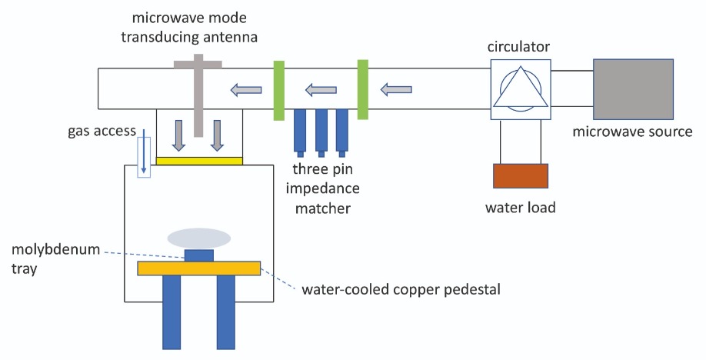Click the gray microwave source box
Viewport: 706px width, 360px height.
coord(633,88)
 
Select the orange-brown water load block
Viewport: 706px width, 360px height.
coord(521,175)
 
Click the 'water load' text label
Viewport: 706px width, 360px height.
coord(521,208)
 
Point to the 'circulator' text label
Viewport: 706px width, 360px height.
coord(518,46)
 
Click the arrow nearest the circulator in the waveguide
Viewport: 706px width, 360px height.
coord(396,90)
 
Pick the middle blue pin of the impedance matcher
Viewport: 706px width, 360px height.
coord(321,132)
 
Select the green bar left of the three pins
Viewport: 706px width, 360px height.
coord(278,90)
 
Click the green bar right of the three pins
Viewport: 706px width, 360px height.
coord(363,89)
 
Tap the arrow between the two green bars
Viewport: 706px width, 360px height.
coord(321,90)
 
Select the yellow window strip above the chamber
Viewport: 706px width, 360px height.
coord(199,161)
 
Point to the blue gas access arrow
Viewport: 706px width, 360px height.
coord(144,151)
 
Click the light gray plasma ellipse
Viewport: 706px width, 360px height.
coord(199,238)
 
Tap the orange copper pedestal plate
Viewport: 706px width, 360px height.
coord(199,268)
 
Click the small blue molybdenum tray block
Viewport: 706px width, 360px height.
coord(199,255)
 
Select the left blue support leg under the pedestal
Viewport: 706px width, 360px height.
coord(172,312)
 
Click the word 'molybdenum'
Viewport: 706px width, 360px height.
coord(56,249)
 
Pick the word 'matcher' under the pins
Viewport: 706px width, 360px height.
coord(323,208)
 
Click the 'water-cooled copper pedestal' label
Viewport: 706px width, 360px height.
coord(401,289)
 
